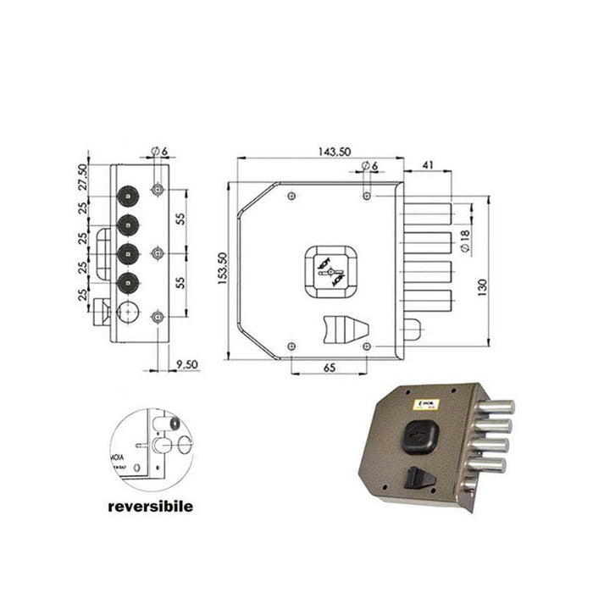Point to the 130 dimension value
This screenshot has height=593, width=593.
pos(481,286)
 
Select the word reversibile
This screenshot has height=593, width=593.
pos(149,507)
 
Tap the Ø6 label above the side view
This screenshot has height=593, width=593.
pos(159,152)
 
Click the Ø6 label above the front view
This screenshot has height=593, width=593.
pos(369,165)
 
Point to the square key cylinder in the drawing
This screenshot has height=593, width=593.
pos(329,272)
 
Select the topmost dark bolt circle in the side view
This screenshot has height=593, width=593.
pos(128,196)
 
